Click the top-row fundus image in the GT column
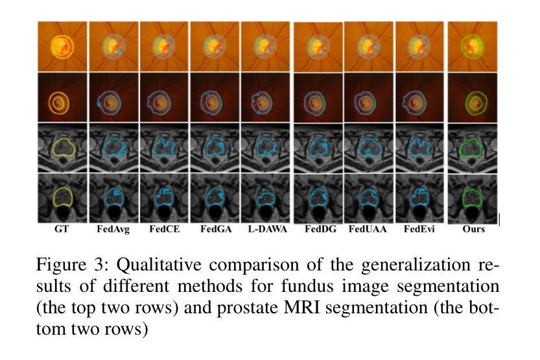(x=62, y=46)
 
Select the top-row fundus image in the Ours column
(x=473, y=46)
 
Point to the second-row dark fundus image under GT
(x=62, y=97)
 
